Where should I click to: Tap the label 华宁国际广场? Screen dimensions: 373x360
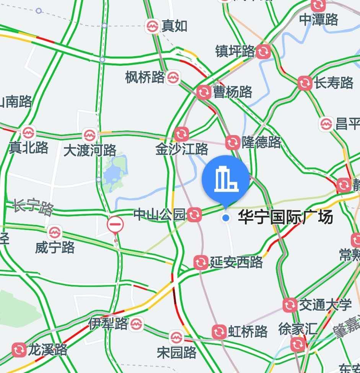click(285, 218)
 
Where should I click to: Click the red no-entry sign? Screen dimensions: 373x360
click(115, 225)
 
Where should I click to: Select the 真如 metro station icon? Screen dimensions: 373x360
click(152, 26)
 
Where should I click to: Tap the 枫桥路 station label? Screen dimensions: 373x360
click(145, 78)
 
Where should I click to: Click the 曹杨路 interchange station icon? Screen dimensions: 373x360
click(203, 92)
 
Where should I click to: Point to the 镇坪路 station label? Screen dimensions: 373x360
click(235, 51)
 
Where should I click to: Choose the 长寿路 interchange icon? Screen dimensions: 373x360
click(305, 83)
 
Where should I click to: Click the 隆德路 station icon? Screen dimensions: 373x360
click(232, 143)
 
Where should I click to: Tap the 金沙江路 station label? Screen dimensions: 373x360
click(182, 149)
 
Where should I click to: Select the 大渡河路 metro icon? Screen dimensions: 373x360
click(90, 135)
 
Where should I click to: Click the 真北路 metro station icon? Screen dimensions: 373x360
click(28, 133)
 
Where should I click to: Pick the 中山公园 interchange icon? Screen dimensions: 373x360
click(194, 215)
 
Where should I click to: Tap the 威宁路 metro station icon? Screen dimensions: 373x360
click(54, 232)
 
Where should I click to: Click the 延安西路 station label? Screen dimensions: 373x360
click(236, 262)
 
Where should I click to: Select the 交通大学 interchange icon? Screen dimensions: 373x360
click(290, 305)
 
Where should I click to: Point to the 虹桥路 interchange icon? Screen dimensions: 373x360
click(219, 332)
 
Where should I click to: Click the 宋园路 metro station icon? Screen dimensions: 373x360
click(176, 337)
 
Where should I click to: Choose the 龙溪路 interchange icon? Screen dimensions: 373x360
click(19, 350)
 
